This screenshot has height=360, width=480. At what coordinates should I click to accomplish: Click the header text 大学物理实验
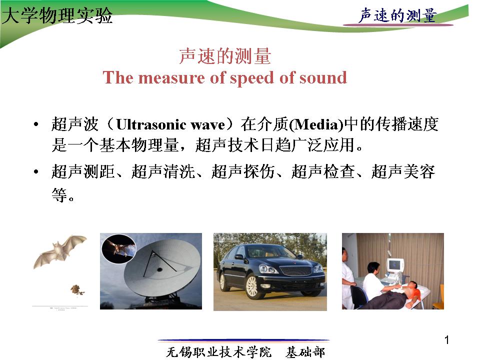coord(57,15)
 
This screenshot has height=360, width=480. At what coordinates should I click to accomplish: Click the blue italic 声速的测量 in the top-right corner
coord(397,15)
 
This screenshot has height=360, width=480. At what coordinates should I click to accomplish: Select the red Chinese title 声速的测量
coord(225,56)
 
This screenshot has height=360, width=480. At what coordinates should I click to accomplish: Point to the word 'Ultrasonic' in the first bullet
coord(151,124)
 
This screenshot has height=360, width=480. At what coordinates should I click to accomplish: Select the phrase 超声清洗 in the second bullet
coord(163,171)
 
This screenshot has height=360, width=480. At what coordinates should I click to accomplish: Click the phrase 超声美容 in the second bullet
coord(403,171)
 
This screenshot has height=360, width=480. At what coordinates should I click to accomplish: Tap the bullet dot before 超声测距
coord(36,171)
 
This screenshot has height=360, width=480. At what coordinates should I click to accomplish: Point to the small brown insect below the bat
coord(77,289)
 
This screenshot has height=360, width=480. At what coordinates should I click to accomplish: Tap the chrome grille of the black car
coord(295,270)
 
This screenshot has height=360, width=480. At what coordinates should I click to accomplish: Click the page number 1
coord(446,340)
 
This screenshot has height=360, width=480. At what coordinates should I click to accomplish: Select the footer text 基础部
coord(305,352)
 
